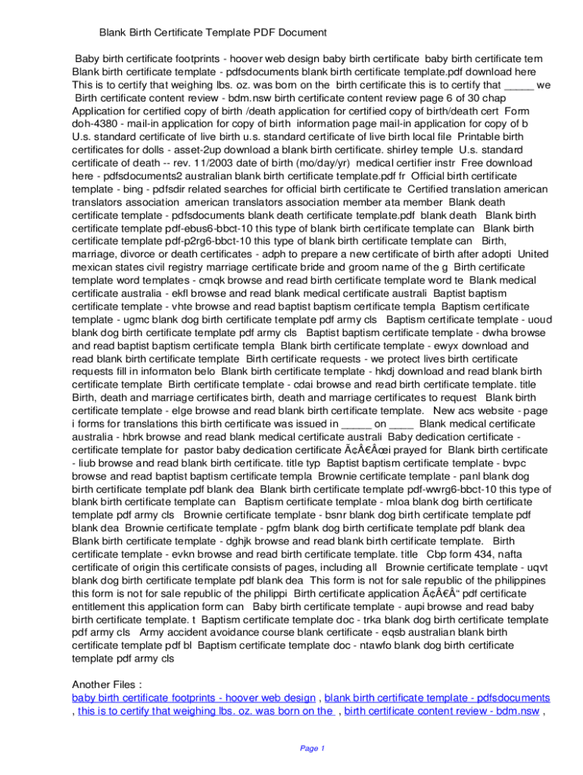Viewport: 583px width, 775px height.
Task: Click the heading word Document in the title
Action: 301,33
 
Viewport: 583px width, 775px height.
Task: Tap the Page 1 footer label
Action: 312,749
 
